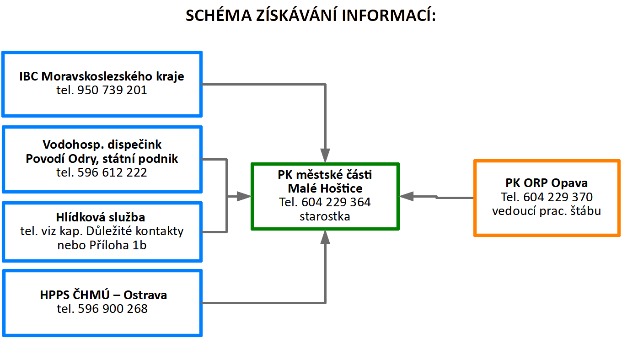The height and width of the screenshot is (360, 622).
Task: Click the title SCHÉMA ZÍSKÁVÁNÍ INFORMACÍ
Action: pyautogui.click(x=311, y=16)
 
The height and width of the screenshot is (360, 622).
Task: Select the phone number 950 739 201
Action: pyautogui.click(x=113, y=91)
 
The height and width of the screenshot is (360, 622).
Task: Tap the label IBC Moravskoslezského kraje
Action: pyautogui.click(x=102, y=76)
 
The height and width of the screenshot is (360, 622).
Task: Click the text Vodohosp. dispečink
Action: pyautogui.click(x=102, y=145)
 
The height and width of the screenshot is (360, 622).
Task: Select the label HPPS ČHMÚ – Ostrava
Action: pyautogui.click(x=103, y=295)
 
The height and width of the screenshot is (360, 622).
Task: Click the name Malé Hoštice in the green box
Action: pyautogui.click(x=325, y=188)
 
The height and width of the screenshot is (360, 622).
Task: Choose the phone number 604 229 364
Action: pyautogui.click(x=336, y=202)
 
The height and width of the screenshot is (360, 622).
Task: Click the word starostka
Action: pyautogui.click(x=325, y=216)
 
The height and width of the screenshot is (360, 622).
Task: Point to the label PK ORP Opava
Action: pyautogui.click(x=547, y=183)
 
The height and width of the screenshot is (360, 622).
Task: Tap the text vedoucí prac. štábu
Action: pyautogui.click(x=547, y=211)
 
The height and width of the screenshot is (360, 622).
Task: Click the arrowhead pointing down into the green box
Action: pyautogui.click(x=325, y=156)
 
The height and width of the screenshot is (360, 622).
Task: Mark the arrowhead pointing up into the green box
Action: pyautogui.click(x=325, y=236)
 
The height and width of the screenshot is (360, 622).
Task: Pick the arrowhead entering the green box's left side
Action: pyautogui.click(x=244, y=196)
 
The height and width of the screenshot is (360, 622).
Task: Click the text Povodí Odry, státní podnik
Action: pyautogui.click(x=102, y=159)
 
